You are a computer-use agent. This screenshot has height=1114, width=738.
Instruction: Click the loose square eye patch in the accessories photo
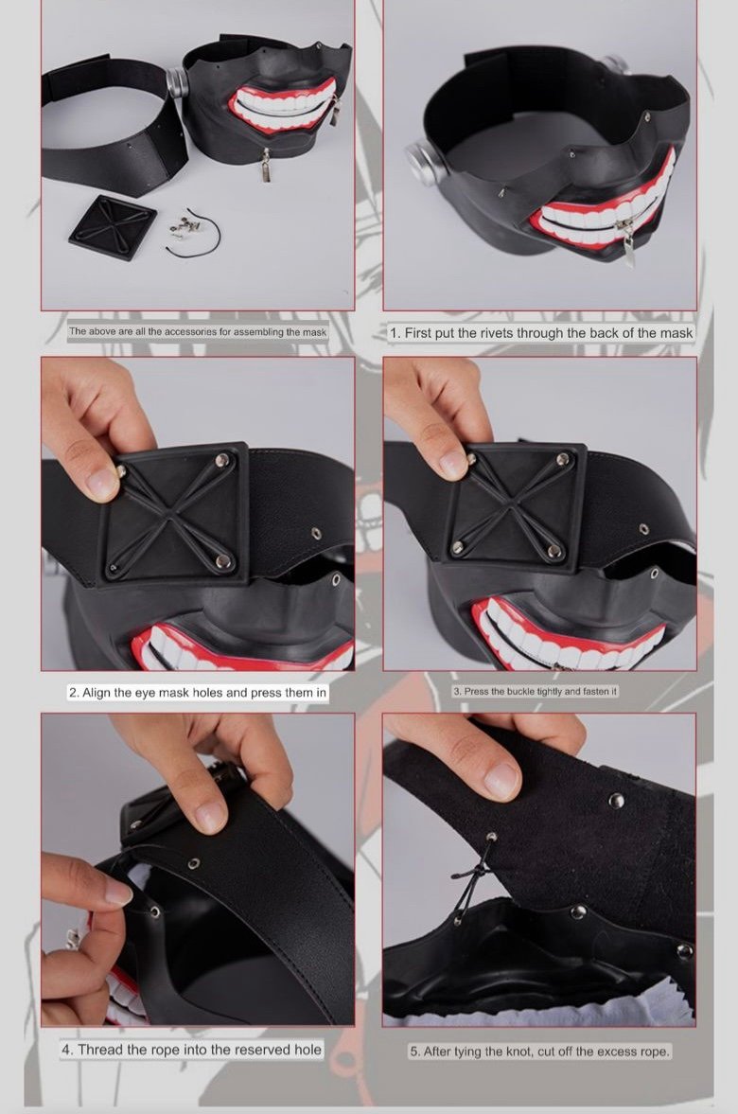point(113,226)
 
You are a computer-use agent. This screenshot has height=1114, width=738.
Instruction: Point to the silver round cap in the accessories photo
point(178,81)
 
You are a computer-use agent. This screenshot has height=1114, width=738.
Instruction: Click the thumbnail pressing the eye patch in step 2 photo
point(101,483)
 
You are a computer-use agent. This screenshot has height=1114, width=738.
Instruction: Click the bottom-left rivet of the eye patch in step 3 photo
point(457,547)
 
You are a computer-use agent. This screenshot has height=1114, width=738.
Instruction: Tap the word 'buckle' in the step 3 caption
point(520,691)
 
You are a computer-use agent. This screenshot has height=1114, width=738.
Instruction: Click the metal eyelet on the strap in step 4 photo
point(192,864)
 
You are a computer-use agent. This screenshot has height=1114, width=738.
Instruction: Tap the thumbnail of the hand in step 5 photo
point(502,780)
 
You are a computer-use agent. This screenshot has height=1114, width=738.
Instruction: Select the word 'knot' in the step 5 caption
point(518,1052)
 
